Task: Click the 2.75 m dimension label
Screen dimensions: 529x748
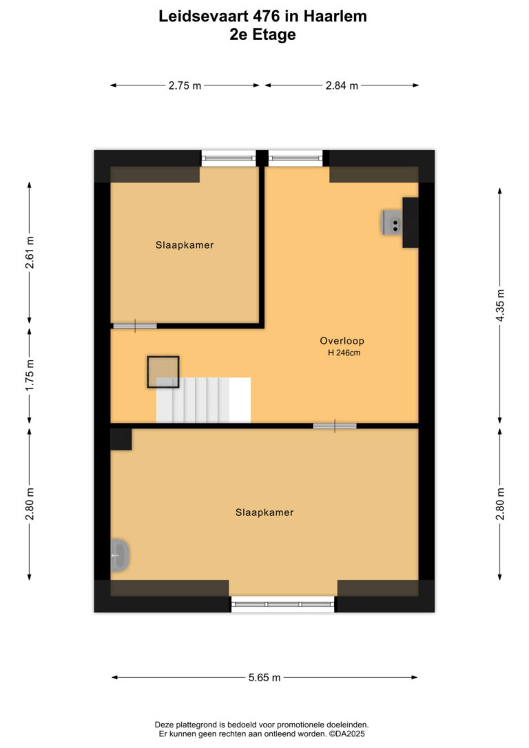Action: tap(185, 86)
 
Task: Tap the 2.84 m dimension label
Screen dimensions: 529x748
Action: tap(342, 86)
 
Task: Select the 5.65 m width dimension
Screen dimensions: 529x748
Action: tap(264, 677)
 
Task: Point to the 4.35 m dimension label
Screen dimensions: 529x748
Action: tap(500, 305)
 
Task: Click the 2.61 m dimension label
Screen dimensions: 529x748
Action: tap(30, 252)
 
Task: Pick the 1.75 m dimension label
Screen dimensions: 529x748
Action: tap(30, 375)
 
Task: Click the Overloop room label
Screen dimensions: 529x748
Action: tap(342, 341)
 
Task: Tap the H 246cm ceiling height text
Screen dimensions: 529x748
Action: tap(344, 353)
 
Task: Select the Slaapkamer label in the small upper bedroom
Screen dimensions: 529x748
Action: tap(185, 245)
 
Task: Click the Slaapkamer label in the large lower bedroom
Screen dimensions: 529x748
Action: tap(264, 512)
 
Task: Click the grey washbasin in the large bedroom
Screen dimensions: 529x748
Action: tap(119, 555)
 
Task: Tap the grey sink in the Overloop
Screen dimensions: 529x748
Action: tap(392, 222)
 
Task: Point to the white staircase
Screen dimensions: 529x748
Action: tap(203, 400)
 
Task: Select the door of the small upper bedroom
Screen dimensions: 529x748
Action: tap(135, 326)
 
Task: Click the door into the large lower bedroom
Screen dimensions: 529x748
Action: tap(334, 426)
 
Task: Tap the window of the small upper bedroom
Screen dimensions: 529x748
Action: tap(229, 158)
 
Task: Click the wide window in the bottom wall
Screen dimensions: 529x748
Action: tap(283, 605)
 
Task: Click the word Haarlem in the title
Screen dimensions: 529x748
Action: tap(335, 17)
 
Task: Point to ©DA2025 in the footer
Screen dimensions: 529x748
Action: tap(346, 734)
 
